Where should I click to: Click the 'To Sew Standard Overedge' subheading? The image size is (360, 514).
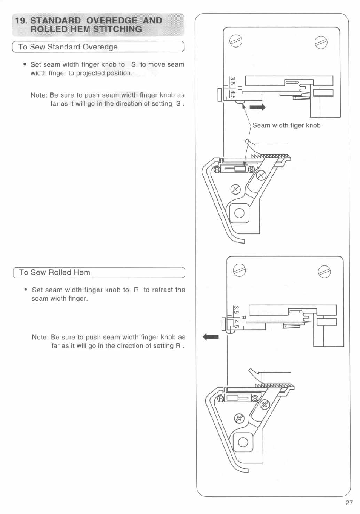click(x=68, y=47)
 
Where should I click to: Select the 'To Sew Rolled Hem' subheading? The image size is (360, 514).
click(x=55, y=272)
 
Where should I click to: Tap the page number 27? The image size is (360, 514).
click(x=349, y=503)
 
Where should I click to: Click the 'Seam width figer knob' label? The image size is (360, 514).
click(x=286, y=126)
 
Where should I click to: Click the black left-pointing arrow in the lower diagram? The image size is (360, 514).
click(x=211, y=337)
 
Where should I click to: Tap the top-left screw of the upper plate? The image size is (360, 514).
click(x=236, y=41)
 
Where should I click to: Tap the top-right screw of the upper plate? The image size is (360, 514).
click(x=321, y=41)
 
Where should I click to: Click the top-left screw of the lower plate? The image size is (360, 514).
click(x=239, y=271)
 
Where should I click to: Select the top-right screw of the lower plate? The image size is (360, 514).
click(x=324, y=271)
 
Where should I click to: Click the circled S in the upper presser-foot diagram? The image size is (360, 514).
click(x=251, y=170)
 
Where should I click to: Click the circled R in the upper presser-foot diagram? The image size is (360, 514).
click(x=217, y=170)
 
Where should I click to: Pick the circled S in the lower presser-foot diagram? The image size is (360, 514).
click(x=255, y=399)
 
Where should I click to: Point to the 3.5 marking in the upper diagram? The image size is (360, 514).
click(x=232, y=81)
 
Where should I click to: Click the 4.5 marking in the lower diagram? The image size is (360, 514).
click(x=237, y=324)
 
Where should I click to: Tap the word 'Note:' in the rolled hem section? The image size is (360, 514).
click(x=40, y=337)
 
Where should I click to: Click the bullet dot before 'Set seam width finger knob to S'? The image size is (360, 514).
click(x=25, y=64)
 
